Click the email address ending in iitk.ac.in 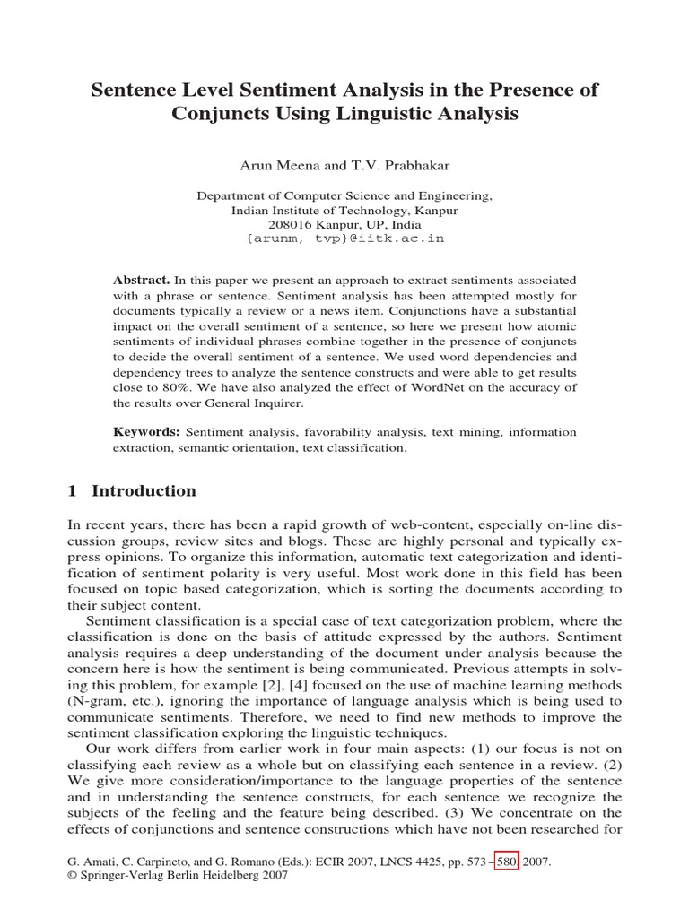coord(344,239)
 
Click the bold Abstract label coord(141,281)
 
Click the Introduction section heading coord(144,491)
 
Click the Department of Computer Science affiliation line coord(344,196)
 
